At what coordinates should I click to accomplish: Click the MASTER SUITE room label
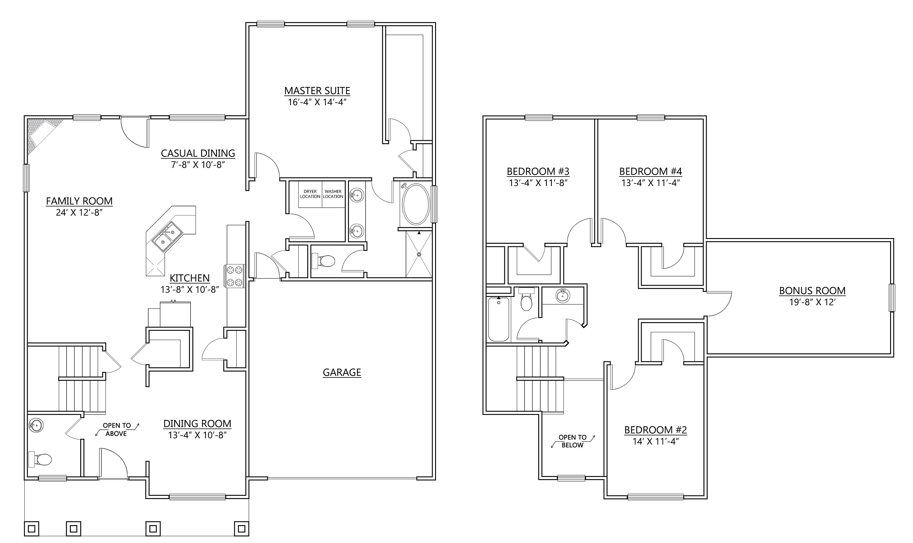(317, 91)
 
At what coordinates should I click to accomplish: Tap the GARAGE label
(342, 372)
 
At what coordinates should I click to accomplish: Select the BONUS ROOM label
(812, 291)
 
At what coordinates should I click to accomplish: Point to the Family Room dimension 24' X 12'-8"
(79, 213)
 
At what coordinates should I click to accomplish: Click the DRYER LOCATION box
(310, 194)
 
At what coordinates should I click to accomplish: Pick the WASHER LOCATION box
(333, 194)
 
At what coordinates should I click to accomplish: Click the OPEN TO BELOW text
(572, 441)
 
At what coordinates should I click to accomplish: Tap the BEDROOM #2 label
(656, 429)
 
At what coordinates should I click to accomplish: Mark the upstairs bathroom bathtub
(498, 319)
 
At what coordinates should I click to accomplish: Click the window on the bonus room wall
(892, 298)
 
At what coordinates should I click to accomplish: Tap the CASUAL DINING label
(198, 153)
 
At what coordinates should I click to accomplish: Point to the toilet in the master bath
(324, 261)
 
